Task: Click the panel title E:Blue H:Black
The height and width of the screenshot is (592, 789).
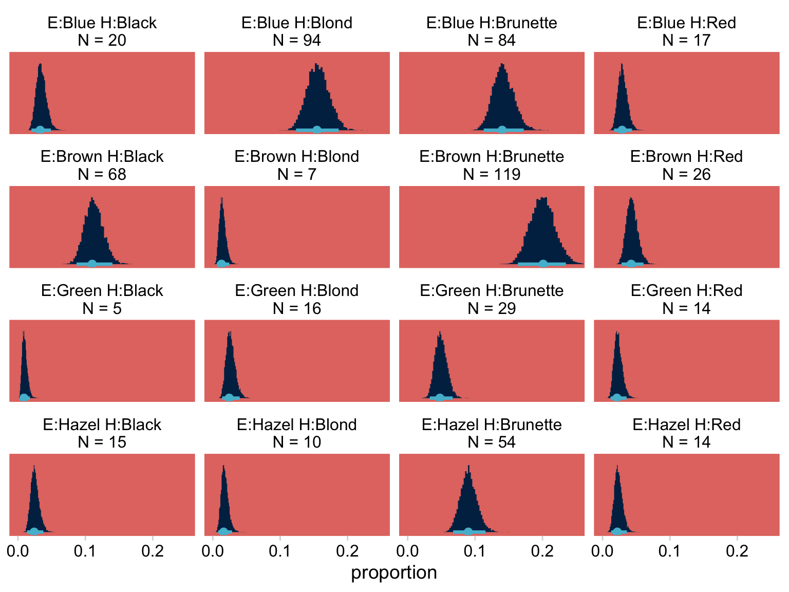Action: [x=102, y=23]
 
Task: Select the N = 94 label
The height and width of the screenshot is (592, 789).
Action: [x=297, y=40]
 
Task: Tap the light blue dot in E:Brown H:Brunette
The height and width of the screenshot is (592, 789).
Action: [x=543, y=264]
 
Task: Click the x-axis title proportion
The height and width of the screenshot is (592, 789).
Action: [x=394, y=572]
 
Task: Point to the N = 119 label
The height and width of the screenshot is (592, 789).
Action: [x=492, y=174]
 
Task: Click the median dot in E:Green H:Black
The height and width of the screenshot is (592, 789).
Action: [x=24, y=398]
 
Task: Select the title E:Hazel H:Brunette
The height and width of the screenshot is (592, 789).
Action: [x=492, y=424]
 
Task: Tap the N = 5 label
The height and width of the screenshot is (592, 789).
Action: [x=102, y=308]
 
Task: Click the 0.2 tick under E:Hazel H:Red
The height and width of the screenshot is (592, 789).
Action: [x=737, y=551]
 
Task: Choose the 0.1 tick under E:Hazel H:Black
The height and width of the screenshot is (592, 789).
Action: [x=85, y=551]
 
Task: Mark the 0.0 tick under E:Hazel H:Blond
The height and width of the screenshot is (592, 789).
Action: [x=213, y=551]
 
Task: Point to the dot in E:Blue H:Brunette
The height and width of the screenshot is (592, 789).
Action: [x=502, y=129]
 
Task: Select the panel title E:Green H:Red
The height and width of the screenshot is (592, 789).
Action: [x=686, y=290]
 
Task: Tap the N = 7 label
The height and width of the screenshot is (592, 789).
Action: [x=297, y=174]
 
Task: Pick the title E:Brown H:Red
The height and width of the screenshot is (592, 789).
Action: [x=686, y=156]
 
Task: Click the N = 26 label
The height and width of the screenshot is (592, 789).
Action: [x=686, y=174]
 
